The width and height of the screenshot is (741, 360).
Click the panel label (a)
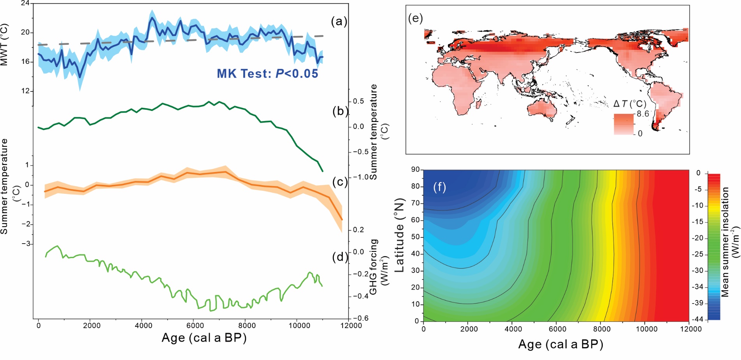point(339,21)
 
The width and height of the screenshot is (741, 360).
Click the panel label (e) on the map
point(415,18)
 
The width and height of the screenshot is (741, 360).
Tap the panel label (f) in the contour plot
point(439,187)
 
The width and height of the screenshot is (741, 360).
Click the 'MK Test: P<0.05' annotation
point(267,74)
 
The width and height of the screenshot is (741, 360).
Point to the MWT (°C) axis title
point(4,44)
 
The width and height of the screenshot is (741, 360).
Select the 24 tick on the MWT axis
point(25,4)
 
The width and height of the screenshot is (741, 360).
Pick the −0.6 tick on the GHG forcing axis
point(360,318)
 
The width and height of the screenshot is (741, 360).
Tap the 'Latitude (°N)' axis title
point(399,235)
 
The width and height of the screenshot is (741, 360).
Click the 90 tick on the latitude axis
point(415,169)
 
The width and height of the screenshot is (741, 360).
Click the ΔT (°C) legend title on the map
point(629,104)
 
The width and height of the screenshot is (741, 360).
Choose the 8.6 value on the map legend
point(643,114)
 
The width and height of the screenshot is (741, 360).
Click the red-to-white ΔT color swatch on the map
point(624,124)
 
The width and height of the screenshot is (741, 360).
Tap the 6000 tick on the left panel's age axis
point(195,325)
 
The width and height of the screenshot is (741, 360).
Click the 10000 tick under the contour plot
point(646,329)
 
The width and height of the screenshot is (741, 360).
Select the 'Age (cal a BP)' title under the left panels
point(204,338)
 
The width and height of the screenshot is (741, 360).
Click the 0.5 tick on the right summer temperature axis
point(358,101)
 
